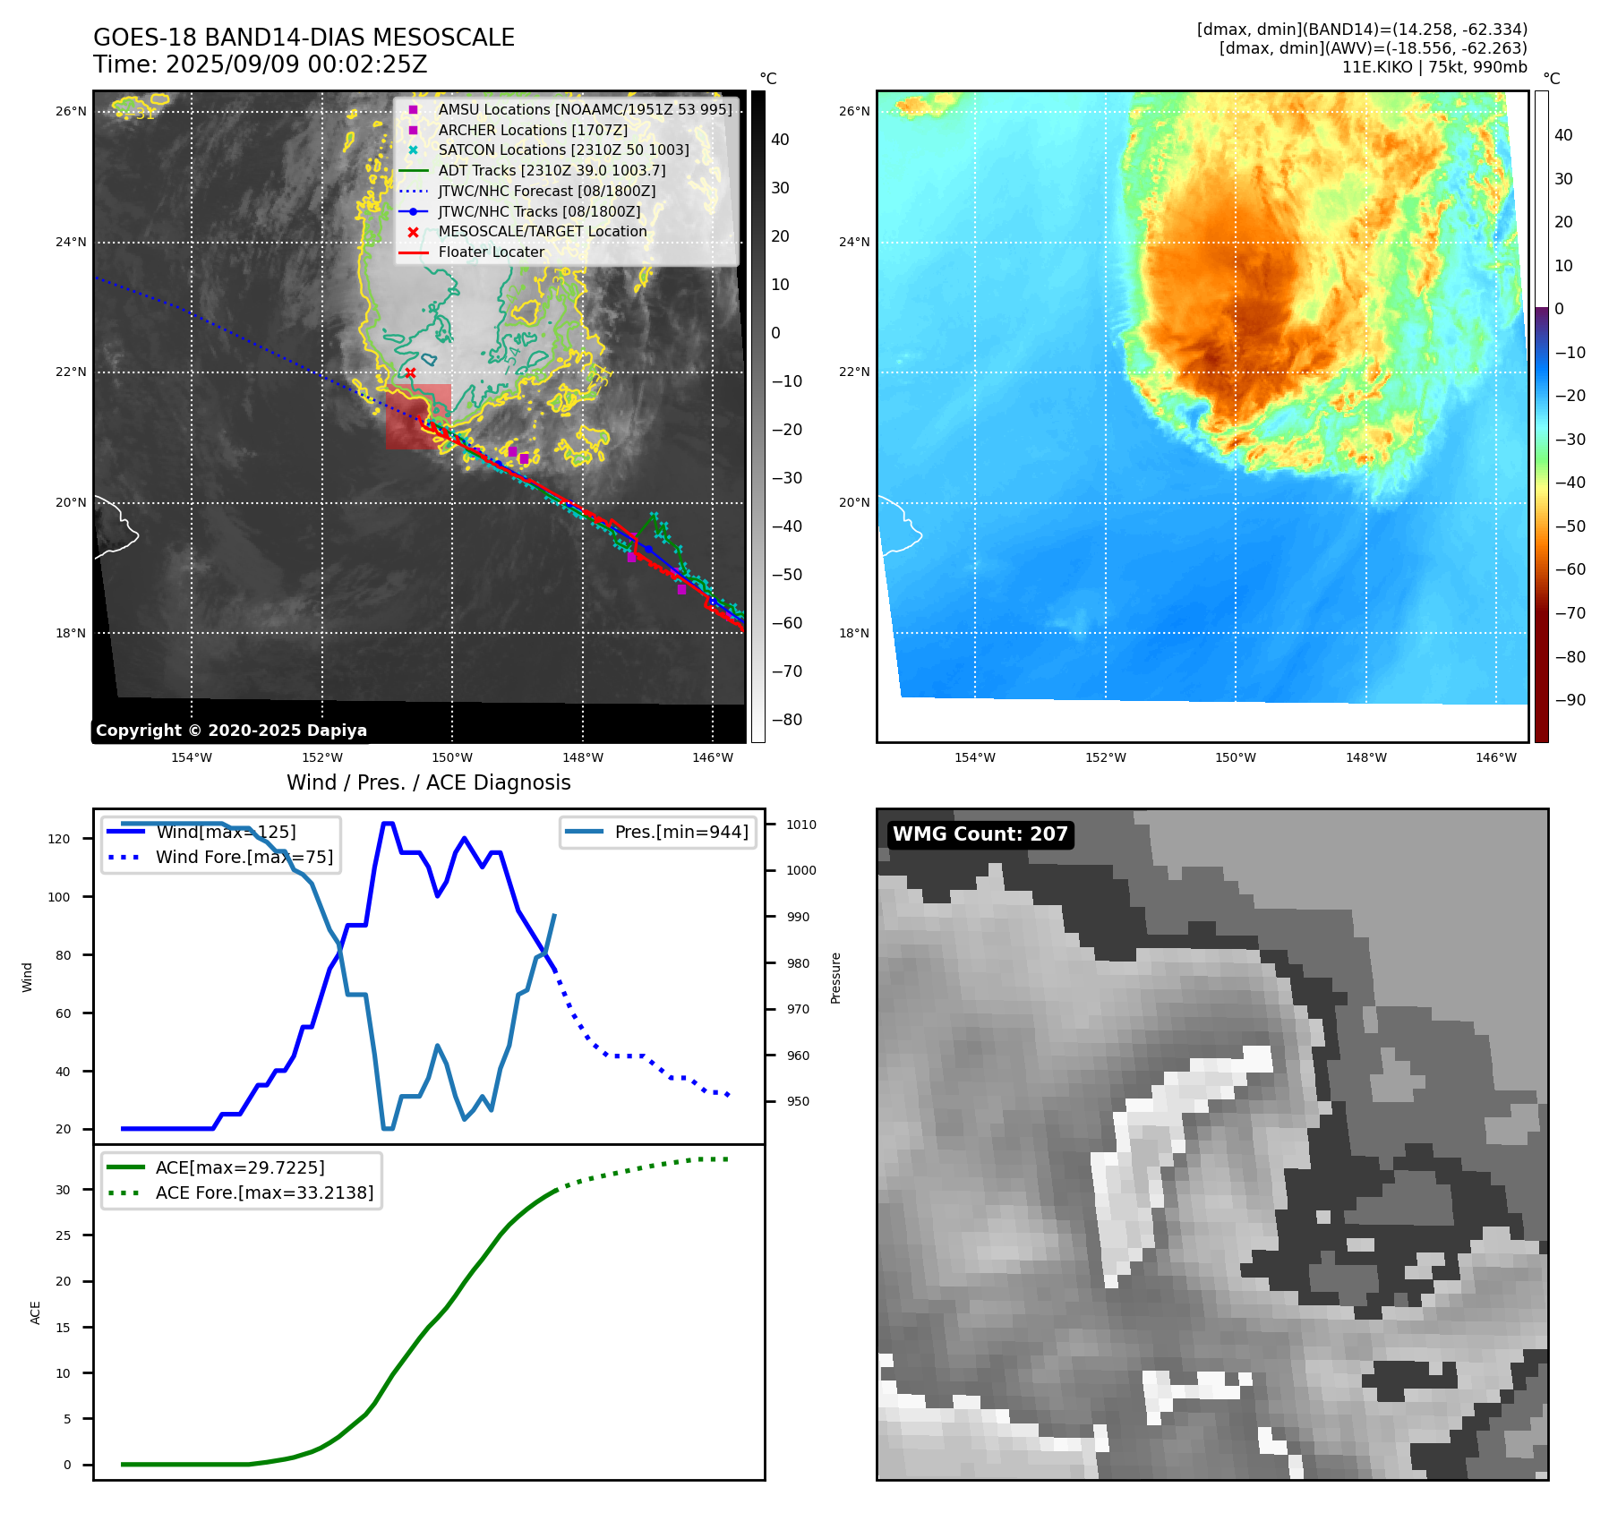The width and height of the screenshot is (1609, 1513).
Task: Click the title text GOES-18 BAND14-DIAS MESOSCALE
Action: (x=304, y=38)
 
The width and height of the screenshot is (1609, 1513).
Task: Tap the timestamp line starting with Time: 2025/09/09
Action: (x=260, y=65)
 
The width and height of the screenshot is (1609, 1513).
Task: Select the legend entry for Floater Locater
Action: (x=491, y=252)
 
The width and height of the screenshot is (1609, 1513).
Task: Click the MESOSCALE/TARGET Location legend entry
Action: (x=542, y=232)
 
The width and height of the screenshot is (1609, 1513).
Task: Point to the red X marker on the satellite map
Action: (x=410, y=373)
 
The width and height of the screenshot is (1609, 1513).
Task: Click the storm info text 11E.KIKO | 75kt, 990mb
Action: (x=1434, y=67)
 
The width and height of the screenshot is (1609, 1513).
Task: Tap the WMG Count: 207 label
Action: (x=980, y=834)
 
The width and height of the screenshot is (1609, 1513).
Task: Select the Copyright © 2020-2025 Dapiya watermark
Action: (x=231, y=731)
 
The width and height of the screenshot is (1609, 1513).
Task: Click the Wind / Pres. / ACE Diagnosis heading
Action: (x=428, y=782)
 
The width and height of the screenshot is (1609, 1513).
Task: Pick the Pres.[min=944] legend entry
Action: (x=680, y=832)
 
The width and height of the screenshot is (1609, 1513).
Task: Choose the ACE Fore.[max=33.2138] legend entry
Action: (x=264, y=1192)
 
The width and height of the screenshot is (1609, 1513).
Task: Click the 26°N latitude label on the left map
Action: (x=71, y=112)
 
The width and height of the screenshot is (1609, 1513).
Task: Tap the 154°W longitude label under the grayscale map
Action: (x=192, y=757)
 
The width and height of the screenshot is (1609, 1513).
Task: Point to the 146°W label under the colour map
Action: (x=1496, y=757)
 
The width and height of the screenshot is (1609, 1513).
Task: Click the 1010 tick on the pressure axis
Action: (x=801, y=825)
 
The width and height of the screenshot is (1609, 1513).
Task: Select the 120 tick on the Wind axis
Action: (x=58, y=839)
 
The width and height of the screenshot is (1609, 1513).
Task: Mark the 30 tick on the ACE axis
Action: (x=63, y=1190)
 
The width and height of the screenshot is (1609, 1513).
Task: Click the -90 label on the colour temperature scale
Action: (x=1570, y=700)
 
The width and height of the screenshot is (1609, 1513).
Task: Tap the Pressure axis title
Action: (x=835, y=978)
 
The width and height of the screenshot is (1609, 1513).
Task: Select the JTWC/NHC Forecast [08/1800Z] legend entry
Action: (x=546, y=192)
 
